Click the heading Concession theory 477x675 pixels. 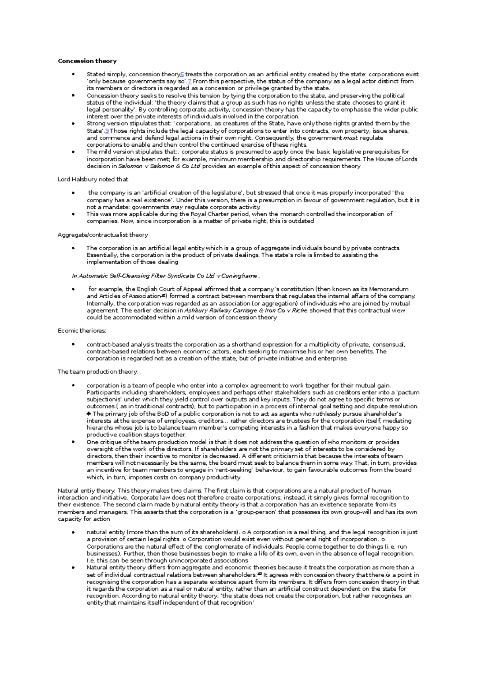tap(87, 61)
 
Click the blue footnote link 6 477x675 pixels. tap(182, 74)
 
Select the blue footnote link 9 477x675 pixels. tap(107, 131)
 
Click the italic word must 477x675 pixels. tap(351, 138)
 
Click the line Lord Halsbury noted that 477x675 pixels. tap(93, 179)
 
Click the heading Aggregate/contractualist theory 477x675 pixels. tap(103, 235)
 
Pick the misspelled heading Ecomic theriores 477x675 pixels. tap(81, 331)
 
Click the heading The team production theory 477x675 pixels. tap(97, 372)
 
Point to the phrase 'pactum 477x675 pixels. tap(408, 392)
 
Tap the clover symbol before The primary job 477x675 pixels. tap(89, 414)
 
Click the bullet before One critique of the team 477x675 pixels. tap(73, 442)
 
